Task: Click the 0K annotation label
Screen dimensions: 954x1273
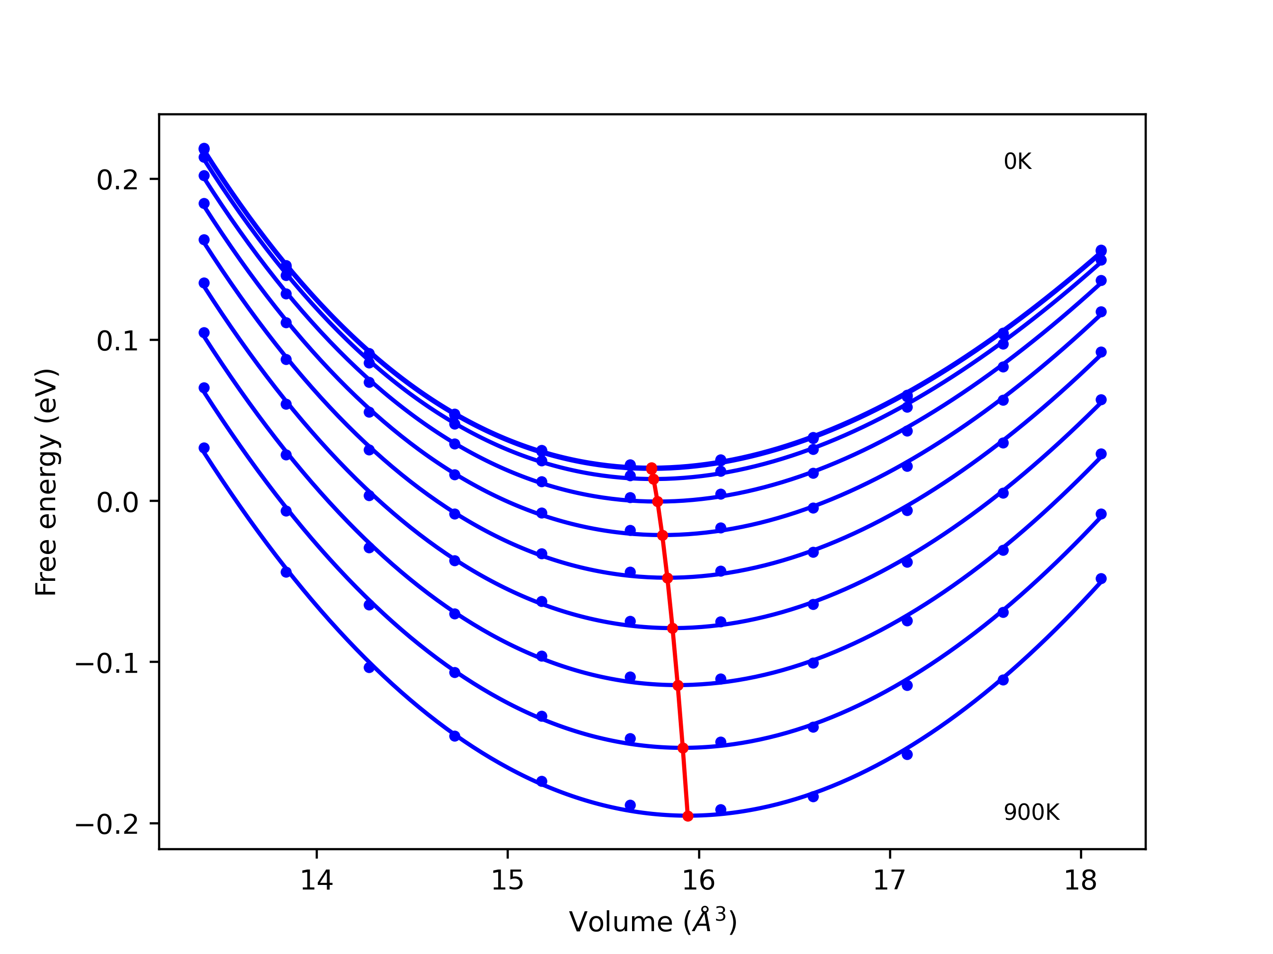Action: point(1017,161)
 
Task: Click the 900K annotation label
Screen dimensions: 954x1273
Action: point(1031,812)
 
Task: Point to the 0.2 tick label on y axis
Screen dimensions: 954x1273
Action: point(117,180)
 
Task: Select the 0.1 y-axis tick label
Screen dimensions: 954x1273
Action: point(117,341)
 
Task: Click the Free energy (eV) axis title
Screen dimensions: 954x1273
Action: point(46,482)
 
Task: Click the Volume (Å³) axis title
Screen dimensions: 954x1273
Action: point(652,922)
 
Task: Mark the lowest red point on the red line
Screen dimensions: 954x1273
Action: point(688,816)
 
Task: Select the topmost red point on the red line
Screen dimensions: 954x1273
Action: point(651,469)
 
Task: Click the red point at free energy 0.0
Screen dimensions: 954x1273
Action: point(658,501)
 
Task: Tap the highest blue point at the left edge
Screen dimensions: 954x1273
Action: point(204,149)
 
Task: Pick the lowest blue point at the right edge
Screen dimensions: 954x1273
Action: point(1101,578)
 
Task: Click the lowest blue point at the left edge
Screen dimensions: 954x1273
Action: point(204,448)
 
